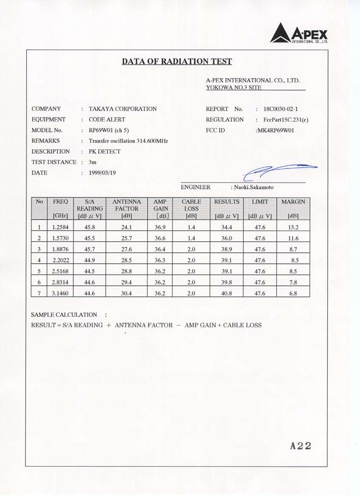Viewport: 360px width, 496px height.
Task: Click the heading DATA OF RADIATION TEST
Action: point(177,62)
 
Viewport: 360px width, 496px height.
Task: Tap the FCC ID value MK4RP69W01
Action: point(275,130)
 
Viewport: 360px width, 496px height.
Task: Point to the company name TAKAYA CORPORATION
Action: point(122,109)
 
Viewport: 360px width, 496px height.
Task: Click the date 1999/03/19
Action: point(102,173)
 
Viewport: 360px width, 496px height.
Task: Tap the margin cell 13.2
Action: point(293,227)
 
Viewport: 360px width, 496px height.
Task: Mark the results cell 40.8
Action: point(227,293)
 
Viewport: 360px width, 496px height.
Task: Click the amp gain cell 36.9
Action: point(160,227)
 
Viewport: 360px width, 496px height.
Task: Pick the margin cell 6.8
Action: point(293,293)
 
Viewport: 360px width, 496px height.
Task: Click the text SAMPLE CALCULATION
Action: point(64,315)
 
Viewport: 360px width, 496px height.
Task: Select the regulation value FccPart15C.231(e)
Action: point(286,120)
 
